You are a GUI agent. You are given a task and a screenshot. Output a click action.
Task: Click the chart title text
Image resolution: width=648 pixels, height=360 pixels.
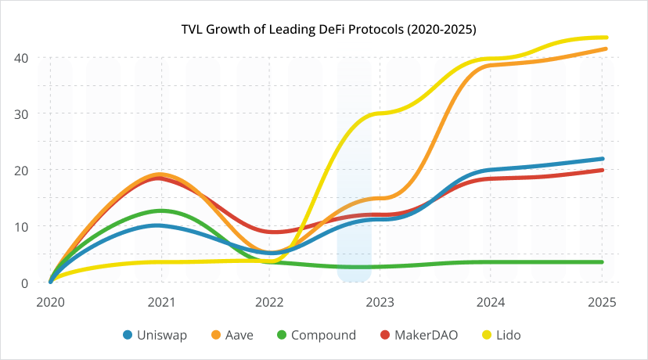tap(324, 29)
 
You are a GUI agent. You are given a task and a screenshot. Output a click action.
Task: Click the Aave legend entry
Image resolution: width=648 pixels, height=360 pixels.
tap(236, 335)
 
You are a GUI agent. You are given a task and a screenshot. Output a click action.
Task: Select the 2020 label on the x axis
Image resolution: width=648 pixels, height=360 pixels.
tap(50, 301)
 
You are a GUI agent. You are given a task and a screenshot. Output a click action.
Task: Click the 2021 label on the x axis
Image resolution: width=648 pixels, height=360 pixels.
tap(160, 301)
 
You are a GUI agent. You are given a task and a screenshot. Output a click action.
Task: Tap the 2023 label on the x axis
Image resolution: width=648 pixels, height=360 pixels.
tap(381, 301)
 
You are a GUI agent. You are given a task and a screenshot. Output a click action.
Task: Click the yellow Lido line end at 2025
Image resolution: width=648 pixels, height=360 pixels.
tap(605, 38)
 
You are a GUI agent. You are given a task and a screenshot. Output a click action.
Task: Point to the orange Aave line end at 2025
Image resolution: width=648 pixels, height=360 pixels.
tap(605, 49)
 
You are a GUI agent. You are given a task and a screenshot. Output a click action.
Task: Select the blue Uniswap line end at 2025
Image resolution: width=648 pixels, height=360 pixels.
tap(602, 159)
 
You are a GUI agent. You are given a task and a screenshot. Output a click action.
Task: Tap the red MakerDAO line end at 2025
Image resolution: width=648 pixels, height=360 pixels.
tap(602, 170)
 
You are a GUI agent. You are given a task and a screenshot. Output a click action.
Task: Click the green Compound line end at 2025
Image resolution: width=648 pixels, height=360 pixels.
tap(602, 262)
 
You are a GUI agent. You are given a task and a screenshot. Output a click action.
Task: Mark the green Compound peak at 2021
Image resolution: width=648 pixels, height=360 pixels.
tap(161, 211)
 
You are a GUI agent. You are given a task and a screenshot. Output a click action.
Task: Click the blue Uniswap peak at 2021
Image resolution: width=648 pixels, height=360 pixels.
tap(160, 225)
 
